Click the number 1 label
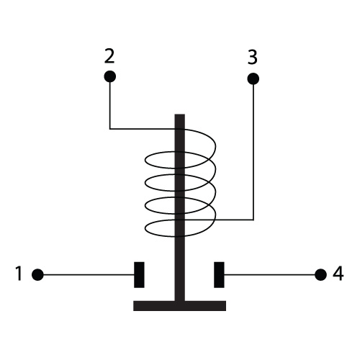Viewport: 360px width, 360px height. [19, 273]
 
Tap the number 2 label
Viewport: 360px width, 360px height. [109, 56]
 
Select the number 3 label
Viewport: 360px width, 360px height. [253, 58]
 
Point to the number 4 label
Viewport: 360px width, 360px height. [338, 274]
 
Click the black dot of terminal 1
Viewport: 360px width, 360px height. [37, 274]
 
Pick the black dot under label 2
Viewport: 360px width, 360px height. [110, 76]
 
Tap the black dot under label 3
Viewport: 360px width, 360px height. [253, 78]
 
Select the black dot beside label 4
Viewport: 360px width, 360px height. [320, 274]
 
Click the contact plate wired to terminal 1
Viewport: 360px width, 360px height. [139, 275]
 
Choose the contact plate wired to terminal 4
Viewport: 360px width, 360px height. [219, 275]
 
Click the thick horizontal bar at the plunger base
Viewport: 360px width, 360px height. [180, 306]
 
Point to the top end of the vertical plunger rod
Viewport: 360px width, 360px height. [180, 114]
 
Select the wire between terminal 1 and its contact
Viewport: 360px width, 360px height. [89, 274]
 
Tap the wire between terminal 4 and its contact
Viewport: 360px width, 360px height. [269, 274]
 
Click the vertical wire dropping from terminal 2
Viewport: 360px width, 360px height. [110, 106]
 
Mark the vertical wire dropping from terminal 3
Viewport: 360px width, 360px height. [253, 152]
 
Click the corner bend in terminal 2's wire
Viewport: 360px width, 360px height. [110, 129]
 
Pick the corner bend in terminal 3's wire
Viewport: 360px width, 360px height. [253, 220]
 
